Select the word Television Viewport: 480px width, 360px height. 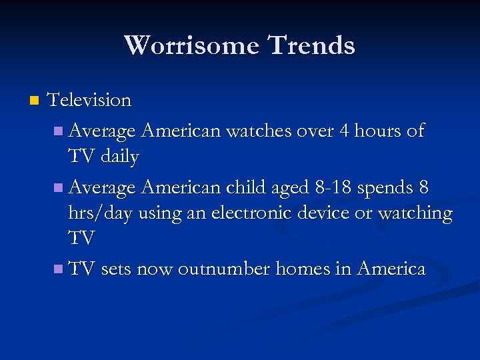point(90,101)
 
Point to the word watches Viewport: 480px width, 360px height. point(259,131)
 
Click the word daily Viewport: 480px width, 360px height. point(121,157)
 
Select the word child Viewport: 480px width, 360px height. point(245,189)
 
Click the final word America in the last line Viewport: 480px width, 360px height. point(391,269)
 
